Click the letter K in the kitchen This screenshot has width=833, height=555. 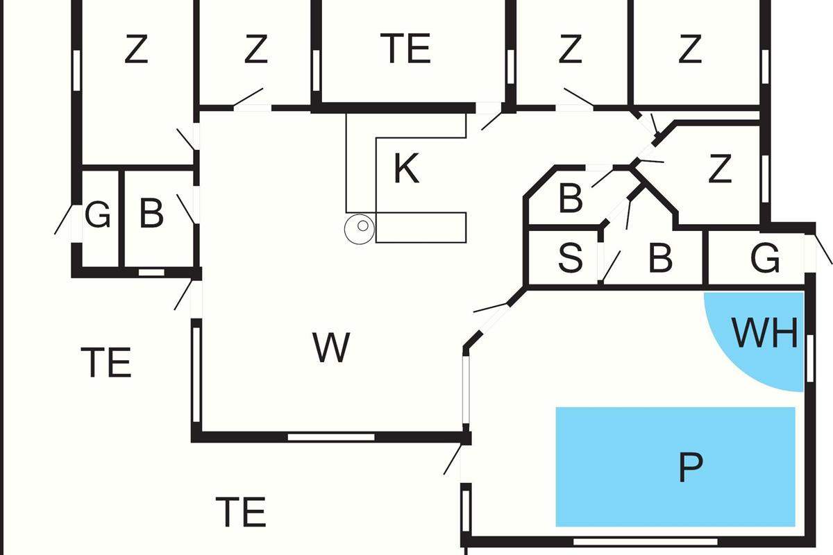(406, 169)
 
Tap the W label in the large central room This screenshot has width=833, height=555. (331, 348)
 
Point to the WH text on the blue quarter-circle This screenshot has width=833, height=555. (766, 333)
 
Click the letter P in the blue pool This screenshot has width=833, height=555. (689, 468)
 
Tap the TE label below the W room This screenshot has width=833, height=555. (241, 512)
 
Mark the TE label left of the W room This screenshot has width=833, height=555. (106, 362)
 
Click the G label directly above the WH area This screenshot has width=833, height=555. (765, 259)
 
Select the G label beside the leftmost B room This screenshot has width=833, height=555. (97, 216)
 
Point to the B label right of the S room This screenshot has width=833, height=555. (659, 258)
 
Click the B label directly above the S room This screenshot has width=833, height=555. (570, 198)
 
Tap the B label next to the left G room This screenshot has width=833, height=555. (151, 214)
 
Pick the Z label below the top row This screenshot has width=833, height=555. (719, 169)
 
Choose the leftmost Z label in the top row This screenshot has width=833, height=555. (136, 49)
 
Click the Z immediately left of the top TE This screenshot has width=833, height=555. (255, 49)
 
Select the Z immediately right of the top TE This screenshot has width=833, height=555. (569, 49)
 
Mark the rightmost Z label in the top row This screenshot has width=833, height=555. (689, 49)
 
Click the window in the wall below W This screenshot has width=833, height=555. (331, 437)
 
